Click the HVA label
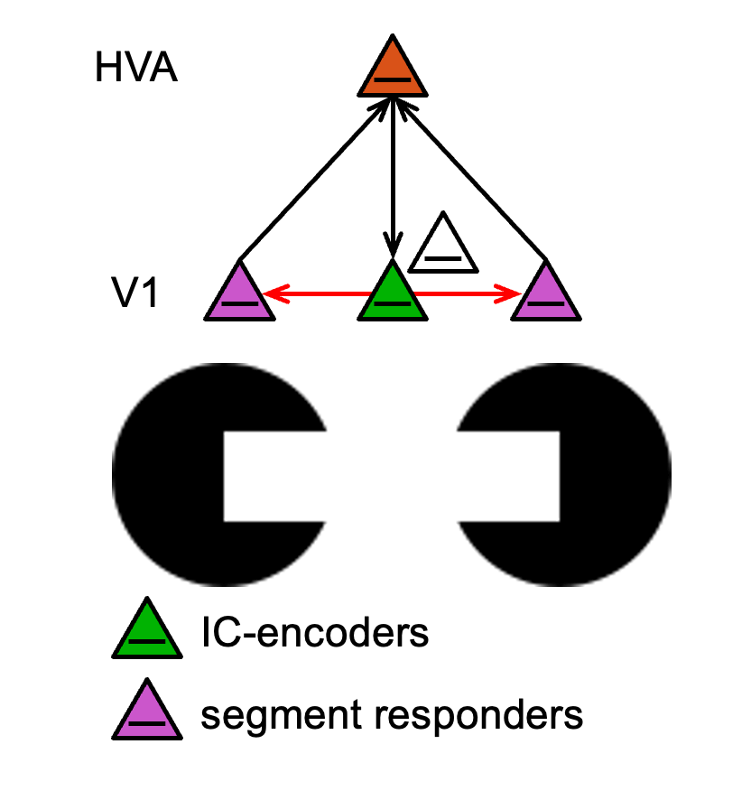[x=135, y=69]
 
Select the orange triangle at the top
[x=392, y=71]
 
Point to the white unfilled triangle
[x=442, y=248]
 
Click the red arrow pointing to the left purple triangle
[x=316, y=293]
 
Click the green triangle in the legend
[x=145, y=632]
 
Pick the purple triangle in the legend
[x=145, y=713]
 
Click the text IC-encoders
[x=314, y=633]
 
